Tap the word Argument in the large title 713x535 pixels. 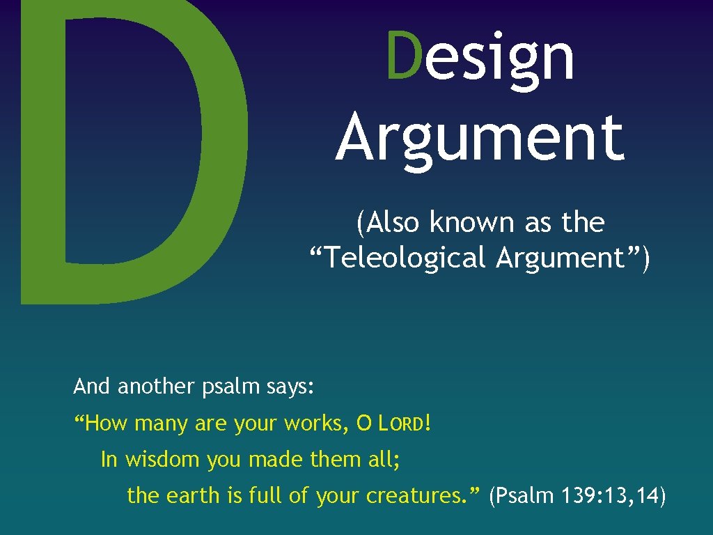tap(480, 137)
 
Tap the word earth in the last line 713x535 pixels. tap(193, 496)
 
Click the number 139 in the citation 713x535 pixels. tap(571, 496)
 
